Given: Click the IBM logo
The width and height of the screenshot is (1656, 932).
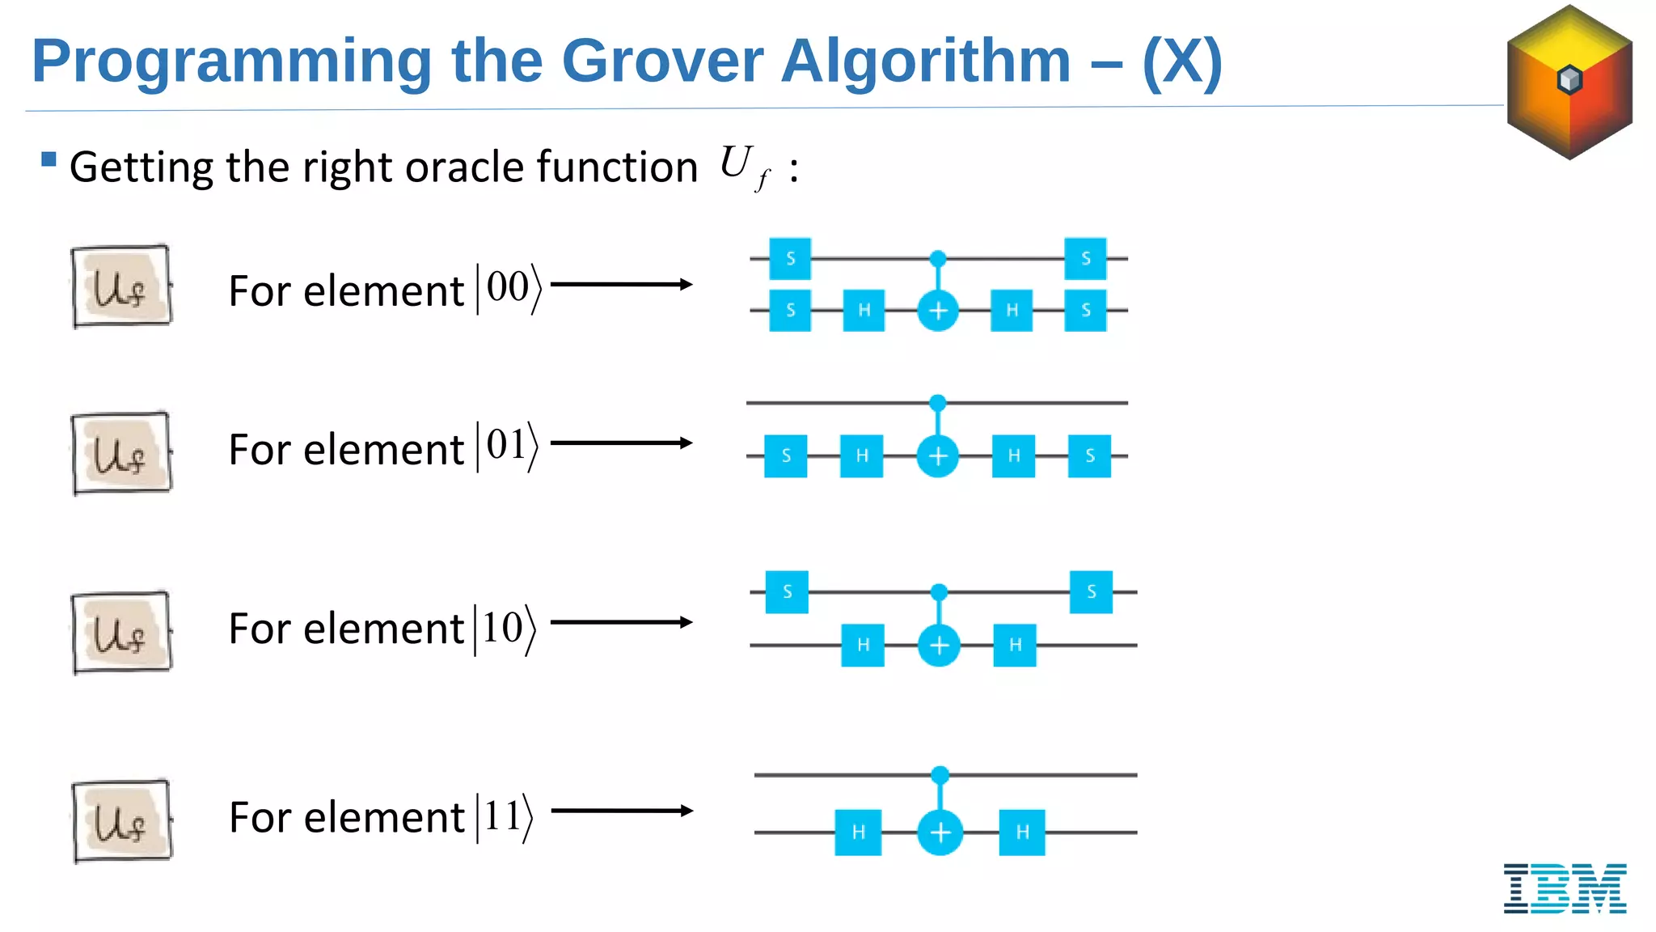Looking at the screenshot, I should point(1565,888).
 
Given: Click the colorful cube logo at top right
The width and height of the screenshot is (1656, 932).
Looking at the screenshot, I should point(1569,82).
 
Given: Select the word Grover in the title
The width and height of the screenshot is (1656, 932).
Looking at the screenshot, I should point(662,61).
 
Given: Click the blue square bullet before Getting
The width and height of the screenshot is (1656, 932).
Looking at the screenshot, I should point(49,159).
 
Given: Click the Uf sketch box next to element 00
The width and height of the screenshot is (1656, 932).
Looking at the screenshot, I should point(121,286).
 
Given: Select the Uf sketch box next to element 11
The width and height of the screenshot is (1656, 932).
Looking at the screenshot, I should point(121,820).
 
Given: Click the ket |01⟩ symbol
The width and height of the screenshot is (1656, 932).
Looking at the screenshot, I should point(508,446).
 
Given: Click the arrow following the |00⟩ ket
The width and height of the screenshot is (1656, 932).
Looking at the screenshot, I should point(621,284).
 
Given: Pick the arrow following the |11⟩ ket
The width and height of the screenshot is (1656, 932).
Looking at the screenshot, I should point(621,811).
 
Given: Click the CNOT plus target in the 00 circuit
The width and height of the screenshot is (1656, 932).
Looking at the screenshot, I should point(938,311).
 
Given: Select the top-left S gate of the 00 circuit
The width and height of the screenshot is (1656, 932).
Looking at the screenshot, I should point(790,258).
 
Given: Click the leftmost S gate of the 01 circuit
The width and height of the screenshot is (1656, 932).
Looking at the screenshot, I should point(785,455).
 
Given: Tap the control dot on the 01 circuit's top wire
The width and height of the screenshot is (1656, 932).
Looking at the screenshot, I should point(938,402).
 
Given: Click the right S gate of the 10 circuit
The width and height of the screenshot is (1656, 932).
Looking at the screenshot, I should point(1091,592).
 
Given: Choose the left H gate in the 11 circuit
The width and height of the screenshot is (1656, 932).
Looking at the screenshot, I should point(858,832).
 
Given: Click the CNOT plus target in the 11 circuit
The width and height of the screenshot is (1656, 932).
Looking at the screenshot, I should point(940,832).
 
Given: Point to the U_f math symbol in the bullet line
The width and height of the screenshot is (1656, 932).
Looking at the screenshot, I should point(743,167).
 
